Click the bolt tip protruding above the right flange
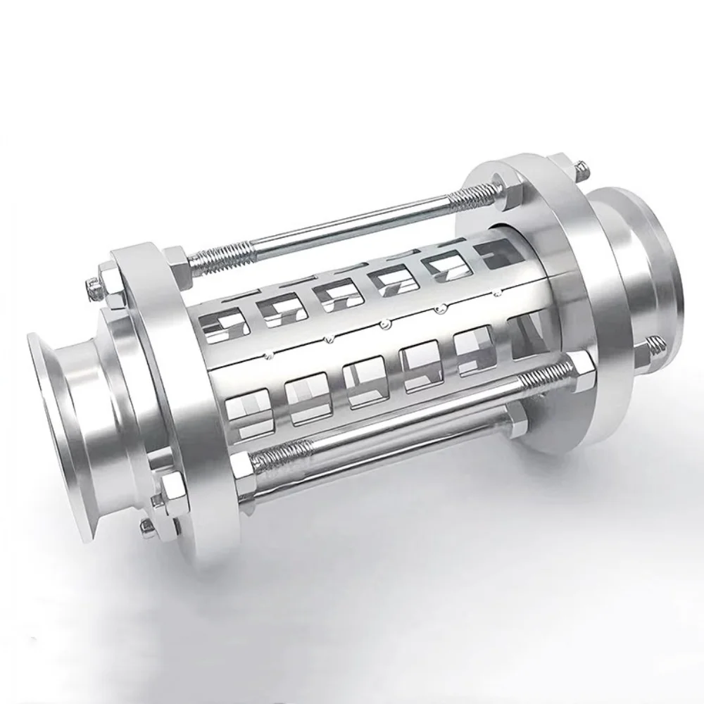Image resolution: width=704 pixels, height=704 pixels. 580,169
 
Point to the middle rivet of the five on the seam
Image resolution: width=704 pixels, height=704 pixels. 384,324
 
